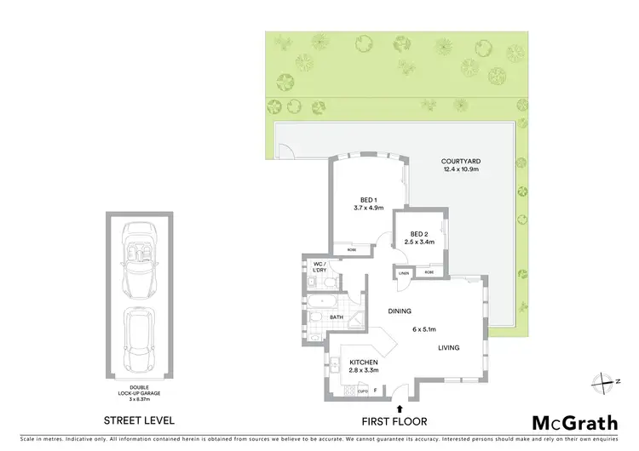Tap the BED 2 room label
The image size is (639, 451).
417,234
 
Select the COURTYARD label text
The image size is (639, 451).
460,161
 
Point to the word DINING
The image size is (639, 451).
400,311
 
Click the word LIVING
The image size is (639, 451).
449,347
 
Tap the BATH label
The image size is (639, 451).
336,317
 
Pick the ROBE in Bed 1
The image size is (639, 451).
351,249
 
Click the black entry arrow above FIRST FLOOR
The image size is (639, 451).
400,409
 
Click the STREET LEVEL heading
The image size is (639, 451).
139,420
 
